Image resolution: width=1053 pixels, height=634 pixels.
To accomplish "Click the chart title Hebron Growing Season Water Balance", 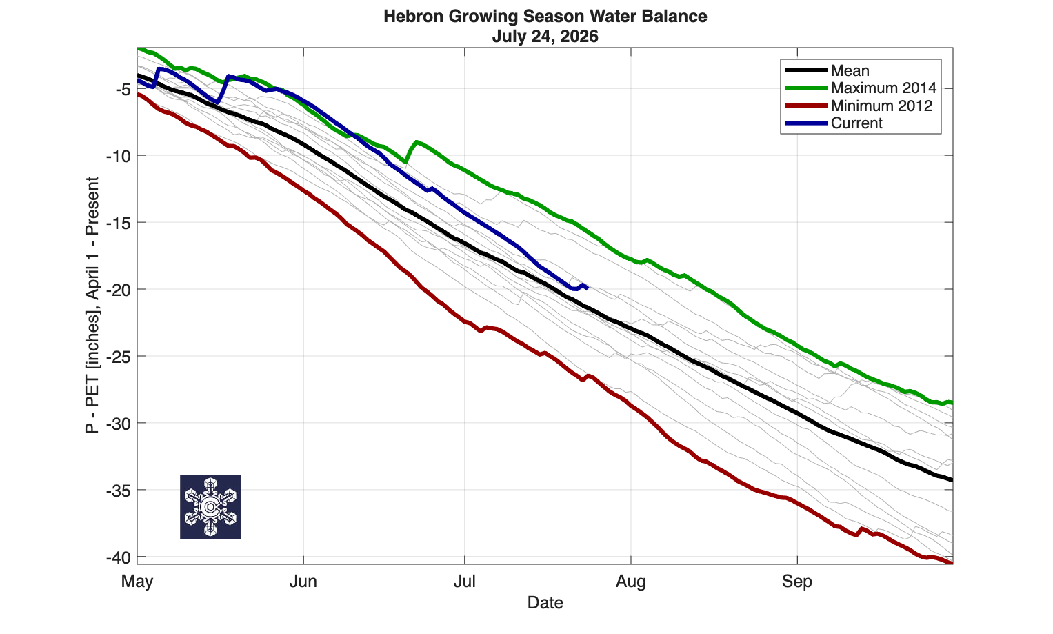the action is point(545,17).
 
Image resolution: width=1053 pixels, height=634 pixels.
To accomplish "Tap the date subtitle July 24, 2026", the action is point(545,37).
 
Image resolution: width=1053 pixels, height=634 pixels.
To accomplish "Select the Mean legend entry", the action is point(828,70).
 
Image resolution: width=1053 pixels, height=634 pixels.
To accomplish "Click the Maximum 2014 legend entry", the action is point(861,88).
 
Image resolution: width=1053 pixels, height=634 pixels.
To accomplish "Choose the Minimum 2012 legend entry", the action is point(859,106).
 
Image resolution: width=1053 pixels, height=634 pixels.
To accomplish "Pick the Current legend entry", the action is point(834,123).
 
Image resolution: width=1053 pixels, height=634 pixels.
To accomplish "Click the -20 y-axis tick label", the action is point(119,290).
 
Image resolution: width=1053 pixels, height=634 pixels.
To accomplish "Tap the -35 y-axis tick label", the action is point(119,491).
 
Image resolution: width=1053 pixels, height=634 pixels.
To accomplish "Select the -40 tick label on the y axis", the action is point(119,558).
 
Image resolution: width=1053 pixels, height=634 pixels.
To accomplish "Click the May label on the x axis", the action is point(137,582).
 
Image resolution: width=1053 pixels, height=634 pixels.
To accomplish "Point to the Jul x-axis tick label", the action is point(465,582).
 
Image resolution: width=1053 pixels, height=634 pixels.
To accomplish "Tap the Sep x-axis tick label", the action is point(797,582).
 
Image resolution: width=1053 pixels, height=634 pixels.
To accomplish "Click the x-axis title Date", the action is point(545,602).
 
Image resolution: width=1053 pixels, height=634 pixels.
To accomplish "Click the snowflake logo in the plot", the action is point(210,507).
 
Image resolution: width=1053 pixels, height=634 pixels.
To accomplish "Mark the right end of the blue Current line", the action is point(588,288).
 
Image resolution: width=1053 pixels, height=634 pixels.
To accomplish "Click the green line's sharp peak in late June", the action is point(417,141).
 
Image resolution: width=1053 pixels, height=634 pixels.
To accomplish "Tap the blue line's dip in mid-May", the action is point(217,101).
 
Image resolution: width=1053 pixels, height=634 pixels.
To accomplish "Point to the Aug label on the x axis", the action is point(631,582).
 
